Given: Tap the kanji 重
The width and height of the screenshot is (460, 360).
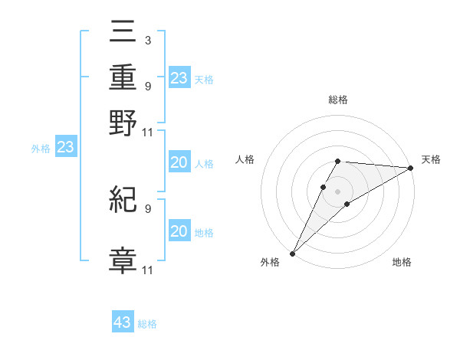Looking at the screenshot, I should tap(123, 79).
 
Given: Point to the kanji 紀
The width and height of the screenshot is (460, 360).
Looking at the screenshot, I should tap(123, 201).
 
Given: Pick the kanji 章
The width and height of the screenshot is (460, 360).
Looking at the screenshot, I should tap(123, 260).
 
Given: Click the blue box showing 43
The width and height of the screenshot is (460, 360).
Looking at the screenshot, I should tap(123, 322).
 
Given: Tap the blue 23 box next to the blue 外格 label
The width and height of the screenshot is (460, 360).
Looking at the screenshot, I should tap(65, 147).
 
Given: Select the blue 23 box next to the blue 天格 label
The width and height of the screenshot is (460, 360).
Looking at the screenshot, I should tap(179, 78).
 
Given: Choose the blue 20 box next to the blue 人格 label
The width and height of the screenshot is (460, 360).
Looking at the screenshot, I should tap(179, 163).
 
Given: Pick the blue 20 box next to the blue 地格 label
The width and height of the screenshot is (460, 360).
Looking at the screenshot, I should tap(179, 231).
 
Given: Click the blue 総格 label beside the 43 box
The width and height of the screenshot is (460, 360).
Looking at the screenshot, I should tap(147, 324).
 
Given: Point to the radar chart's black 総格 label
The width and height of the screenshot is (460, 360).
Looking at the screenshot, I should tap(338, 100).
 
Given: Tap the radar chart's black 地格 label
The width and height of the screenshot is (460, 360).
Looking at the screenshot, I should tap(402, 263).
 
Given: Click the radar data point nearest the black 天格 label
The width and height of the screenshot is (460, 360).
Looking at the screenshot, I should tap(410, 169).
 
